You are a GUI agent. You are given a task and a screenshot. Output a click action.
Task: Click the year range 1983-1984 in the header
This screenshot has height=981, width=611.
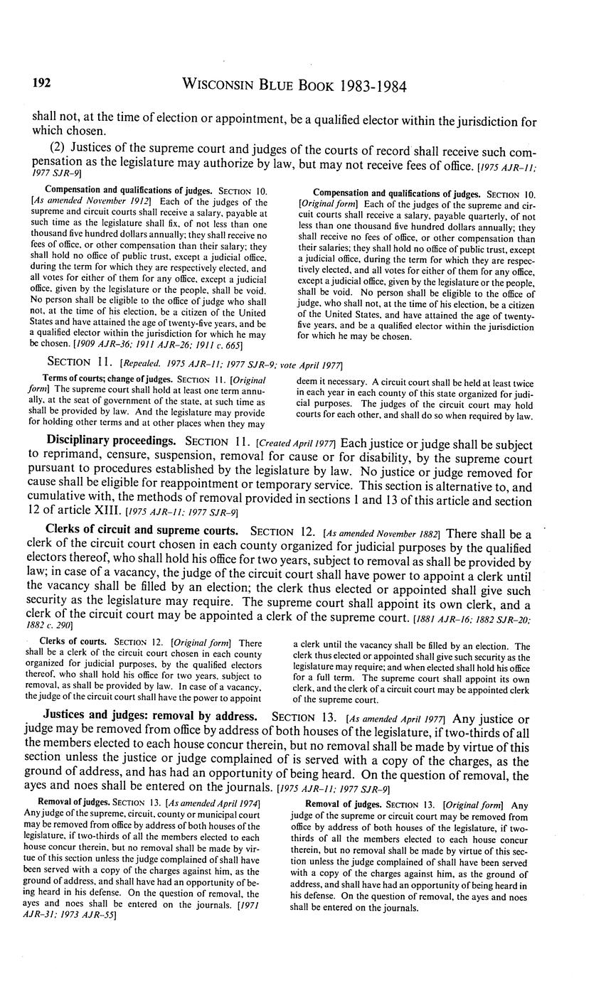coord(363,87)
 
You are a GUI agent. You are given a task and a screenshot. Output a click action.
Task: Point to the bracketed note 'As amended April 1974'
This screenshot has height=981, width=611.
coord(213,803)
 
